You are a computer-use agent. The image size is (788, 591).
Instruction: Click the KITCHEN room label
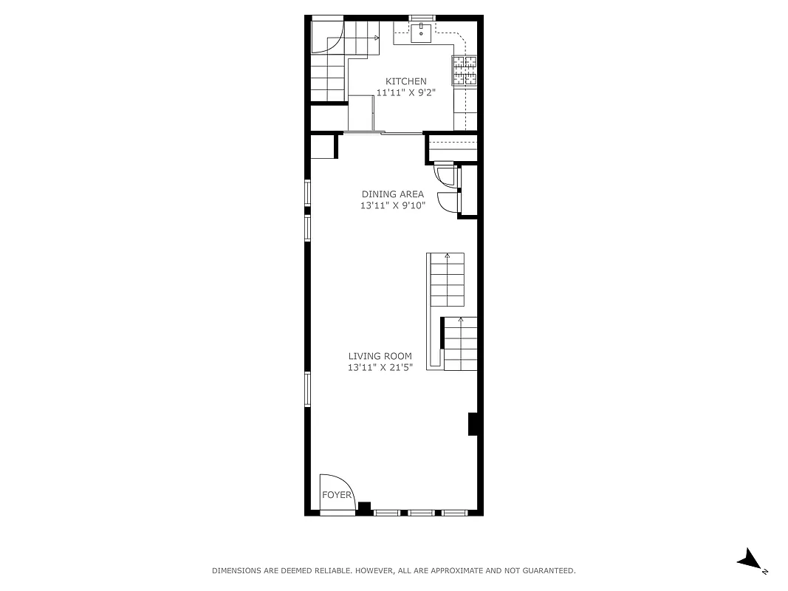405,81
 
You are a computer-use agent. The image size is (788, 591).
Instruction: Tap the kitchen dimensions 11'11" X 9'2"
405,93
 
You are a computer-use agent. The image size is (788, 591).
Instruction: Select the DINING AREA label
393,194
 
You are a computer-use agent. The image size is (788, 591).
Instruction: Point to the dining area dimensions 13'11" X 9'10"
393,206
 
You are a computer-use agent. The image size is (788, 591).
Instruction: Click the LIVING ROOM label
380,356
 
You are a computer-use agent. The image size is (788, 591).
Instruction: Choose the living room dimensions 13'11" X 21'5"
380,368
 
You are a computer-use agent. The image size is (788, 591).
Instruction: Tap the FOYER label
336,495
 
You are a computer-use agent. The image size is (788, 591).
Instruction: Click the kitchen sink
422,31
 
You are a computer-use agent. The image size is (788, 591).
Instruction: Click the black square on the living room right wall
474,425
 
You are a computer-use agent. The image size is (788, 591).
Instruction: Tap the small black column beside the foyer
364,507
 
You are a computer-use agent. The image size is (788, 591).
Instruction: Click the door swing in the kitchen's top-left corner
327,37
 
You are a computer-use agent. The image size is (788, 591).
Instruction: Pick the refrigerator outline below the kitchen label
362,114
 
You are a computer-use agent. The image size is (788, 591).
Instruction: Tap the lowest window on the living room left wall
308,389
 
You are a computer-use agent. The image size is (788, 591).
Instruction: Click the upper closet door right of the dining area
446,175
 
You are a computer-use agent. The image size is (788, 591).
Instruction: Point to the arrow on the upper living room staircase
447,257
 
